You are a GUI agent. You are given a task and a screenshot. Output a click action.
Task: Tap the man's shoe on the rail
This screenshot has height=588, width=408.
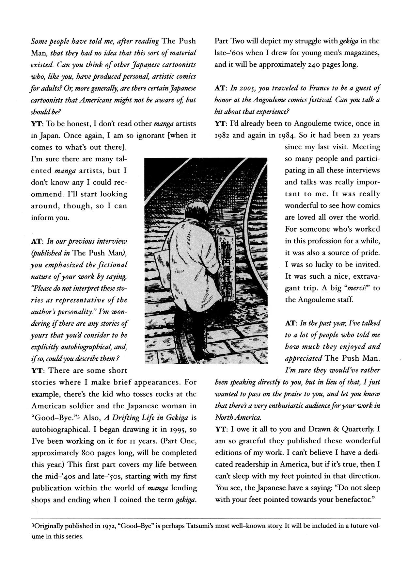(206, 355)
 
